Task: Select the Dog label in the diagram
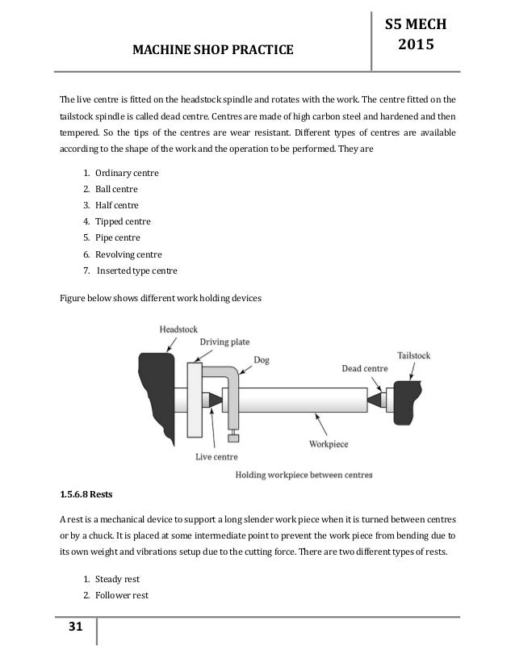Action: tap(262, 359)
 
